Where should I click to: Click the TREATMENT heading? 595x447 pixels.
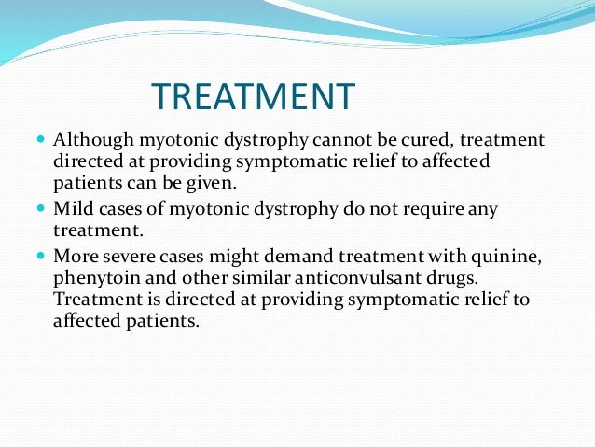(253, 96)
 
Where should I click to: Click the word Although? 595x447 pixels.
(95, 141)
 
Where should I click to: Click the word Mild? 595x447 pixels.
(74, 210)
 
